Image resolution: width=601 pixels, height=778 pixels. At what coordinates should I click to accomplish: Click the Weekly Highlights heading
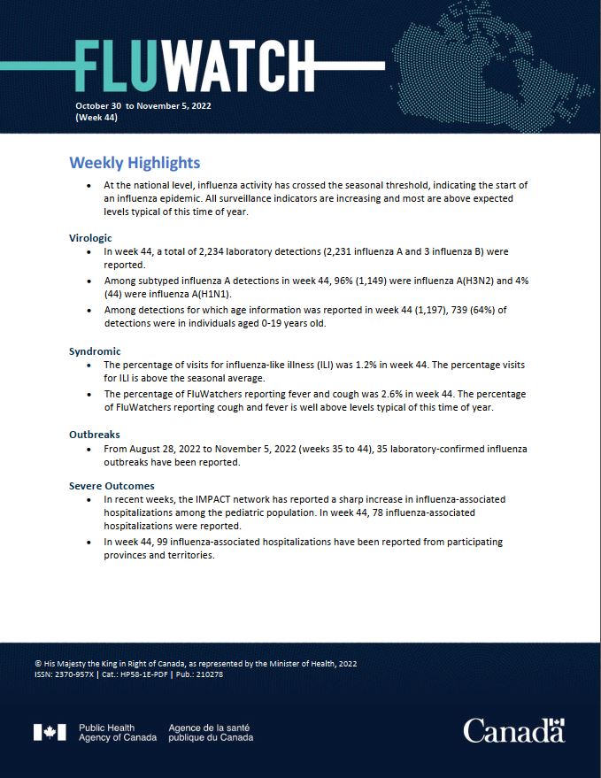coord(135,163)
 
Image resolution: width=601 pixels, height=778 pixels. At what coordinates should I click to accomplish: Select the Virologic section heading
coord(90,238)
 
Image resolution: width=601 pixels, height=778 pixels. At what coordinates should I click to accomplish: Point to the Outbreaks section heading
coord(94,435)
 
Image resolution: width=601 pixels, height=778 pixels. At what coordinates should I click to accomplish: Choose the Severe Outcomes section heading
coord(112,486)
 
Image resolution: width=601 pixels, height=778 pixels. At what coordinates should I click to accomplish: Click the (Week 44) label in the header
coord(96,117)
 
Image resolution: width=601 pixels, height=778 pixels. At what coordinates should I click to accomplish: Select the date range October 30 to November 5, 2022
coord(143,105)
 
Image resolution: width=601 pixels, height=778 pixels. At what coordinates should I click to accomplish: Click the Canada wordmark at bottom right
coord(513,731)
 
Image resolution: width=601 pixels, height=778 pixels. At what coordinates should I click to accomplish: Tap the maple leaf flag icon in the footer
coord(50,732)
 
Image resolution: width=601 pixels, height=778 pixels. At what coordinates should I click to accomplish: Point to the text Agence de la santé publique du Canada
coord(210,732)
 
